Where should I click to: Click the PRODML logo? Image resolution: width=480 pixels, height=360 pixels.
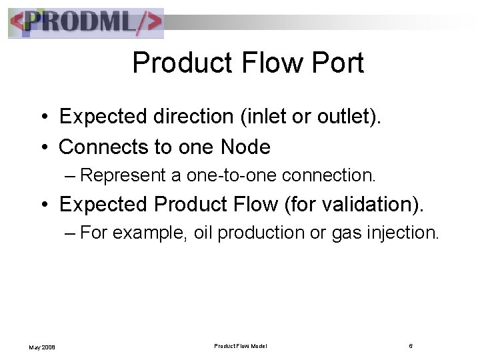coord(85,23)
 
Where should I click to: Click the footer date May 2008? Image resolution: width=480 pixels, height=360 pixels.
coord(41,346)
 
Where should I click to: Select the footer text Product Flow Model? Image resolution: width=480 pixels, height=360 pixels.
coord(241,345)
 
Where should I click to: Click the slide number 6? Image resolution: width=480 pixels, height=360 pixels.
coord(411,345)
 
